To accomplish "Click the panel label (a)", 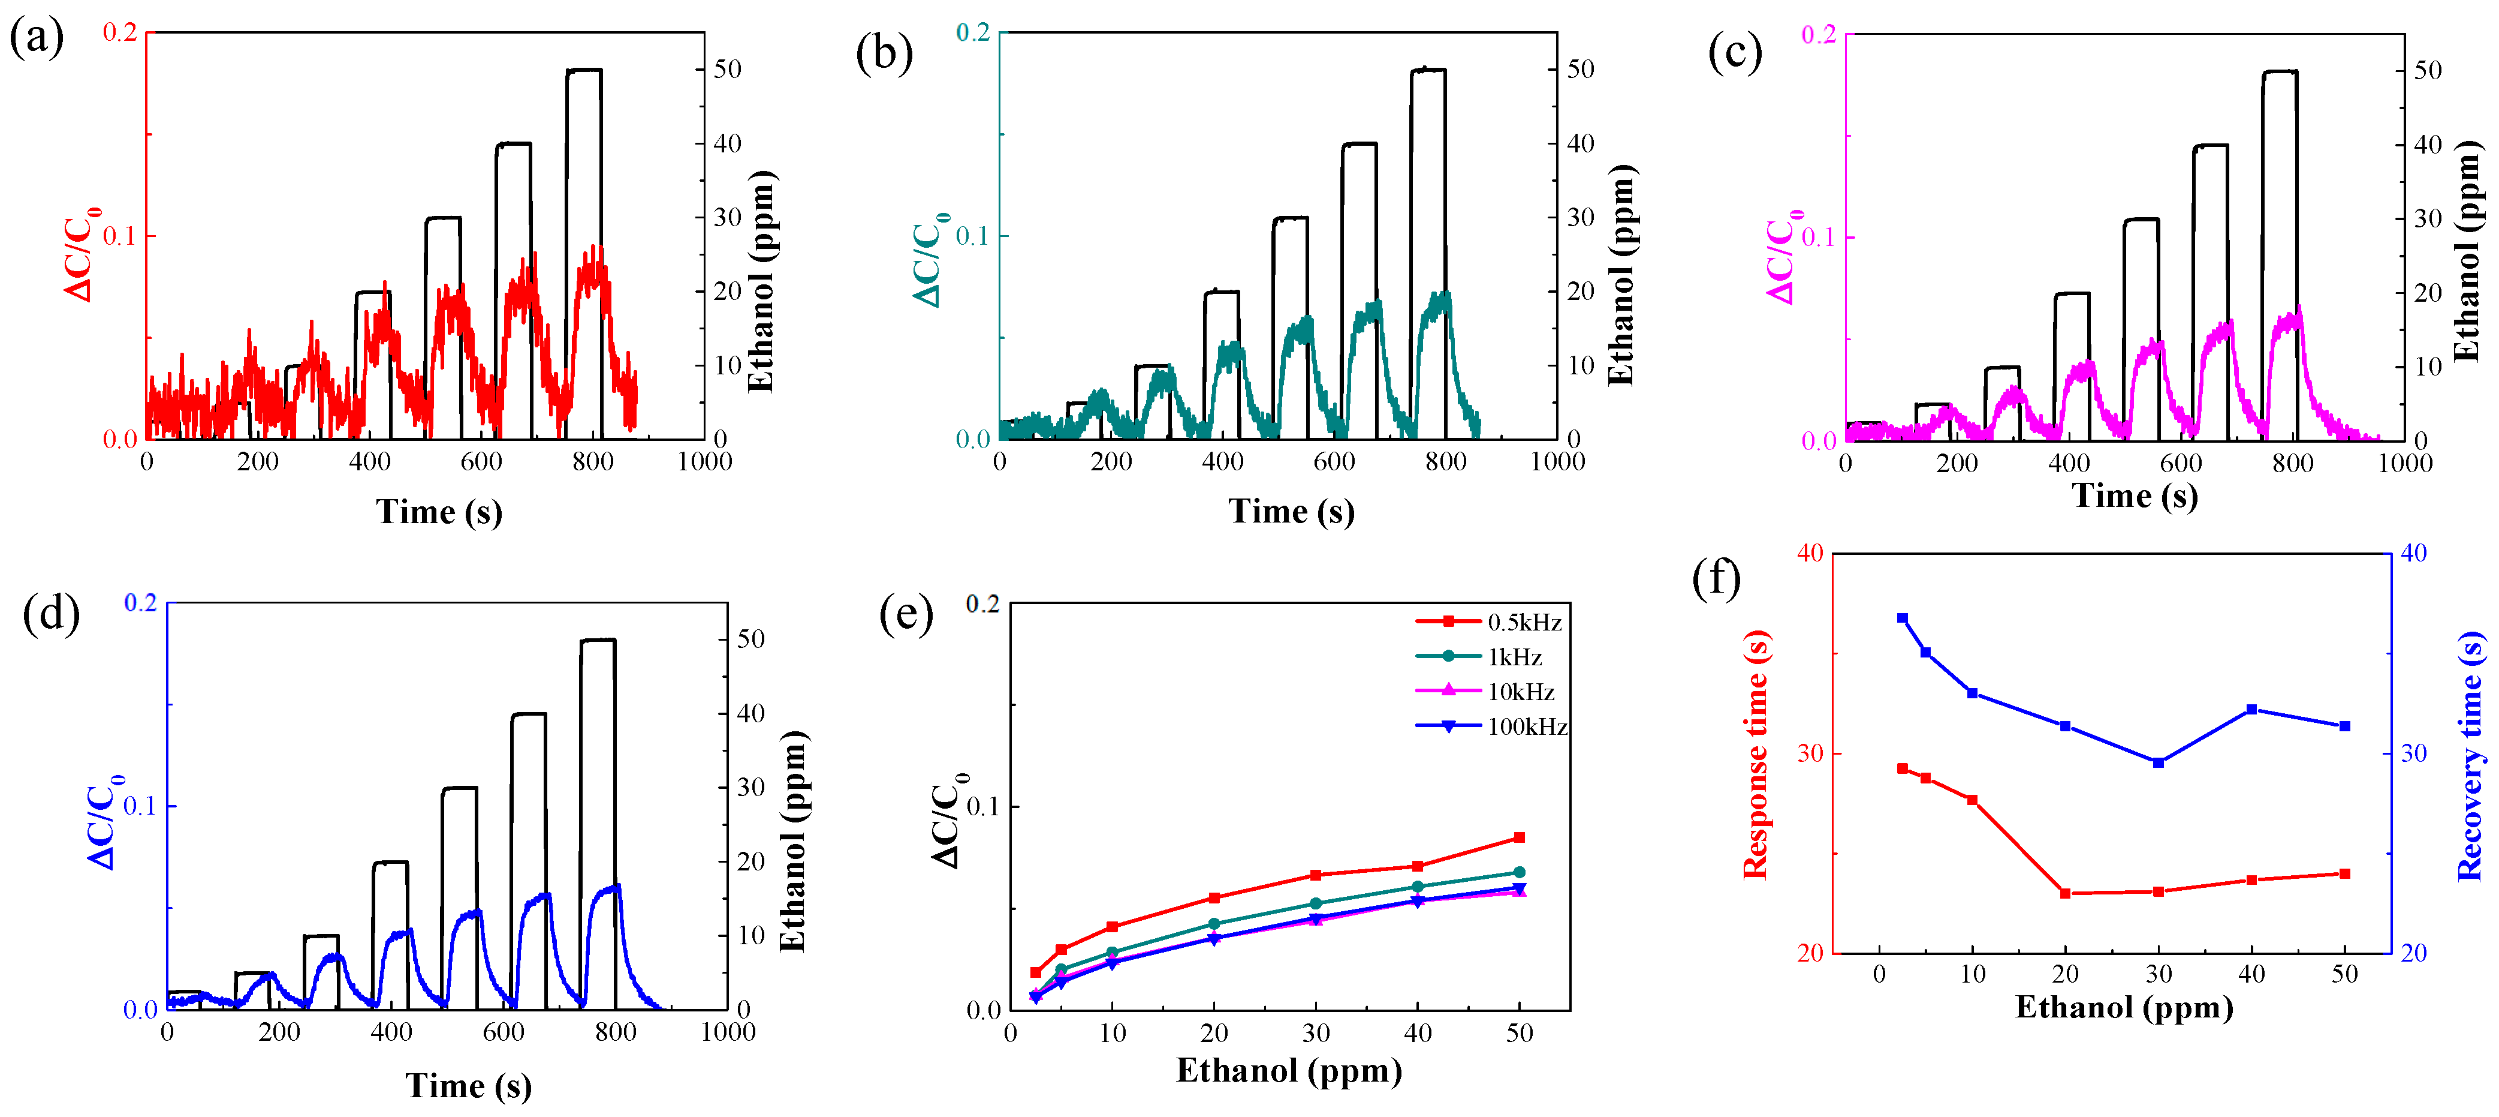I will [36, 39].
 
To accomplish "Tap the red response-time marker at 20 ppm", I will [2066, 893].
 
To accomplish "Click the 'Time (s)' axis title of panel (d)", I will [469, 1085].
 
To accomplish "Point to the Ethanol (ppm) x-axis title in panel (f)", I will [2124, 1007].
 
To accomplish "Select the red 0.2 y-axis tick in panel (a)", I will [120, 32].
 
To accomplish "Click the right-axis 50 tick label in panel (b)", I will [1581, 69].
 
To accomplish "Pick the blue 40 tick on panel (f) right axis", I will [2414, 553].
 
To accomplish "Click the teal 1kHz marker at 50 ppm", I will [1519, 872].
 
